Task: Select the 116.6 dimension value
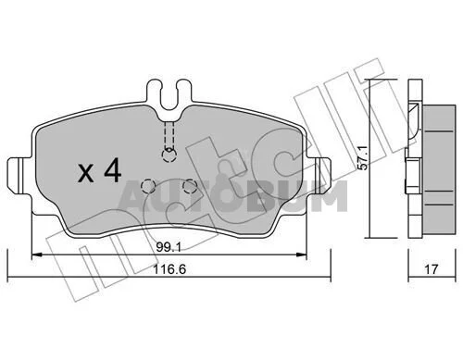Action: point(169,269)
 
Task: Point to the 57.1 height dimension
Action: point(364,157)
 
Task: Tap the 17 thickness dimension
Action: point(432,269)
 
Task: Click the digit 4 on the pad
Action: point(113,170)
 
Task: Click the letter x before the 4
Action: point(86,173)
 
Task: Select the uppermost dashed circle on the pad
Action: point(169,155)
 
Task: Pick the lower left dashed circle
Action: point(148,186)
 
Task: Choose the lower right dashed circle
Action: point(190,186)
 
